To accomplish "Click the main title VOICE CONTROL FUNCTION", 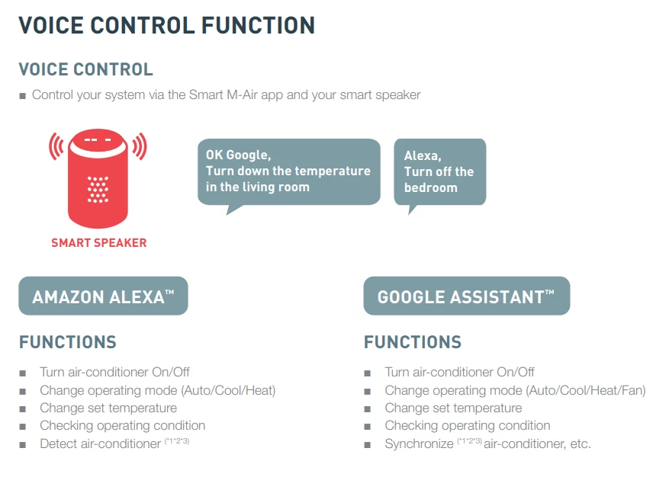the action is [167, 26].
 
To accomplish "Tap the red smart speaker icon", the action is [98, 178].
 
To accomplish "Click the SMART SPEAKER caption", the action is [99, 243].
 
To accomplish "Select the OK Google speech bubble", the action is [289, 174].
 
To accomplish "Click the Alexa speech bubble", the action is [440, 174].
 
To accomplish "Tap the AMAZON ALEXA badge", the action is [103, 296].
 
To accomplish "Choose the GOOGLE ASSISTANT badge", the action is [467, 296].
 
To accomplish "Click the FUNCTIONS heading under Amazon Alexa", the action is [68, 342].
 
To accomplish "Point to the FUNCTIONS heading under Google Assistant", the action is [413, 342].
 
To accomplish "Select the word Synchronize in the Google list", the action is [419, 444].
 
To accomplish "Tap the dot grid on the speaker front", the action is [98, 189].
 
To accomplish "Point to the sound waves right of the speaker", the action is [140, 146].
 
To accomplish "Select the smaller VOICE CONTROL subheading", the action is [85, 69].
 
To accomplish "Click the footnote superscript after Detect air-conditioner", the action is [177, 440].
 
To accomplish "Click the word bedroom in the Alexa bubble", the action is [431, 188].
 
